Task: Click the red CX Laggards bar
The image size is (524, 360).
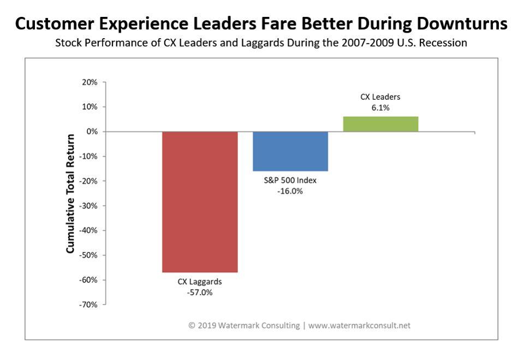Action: (200, 202)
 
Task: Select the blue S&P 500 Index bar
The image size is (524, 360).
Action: (290, 151)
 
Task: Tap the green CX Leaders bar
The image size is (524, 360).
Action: (380, 124)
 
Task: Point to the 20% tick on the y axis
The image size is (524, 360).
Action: (90, 82)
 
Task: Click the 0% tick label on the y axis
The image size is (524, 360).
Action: (92, 132)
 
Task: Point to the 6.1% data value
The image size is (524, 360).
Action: (380, 107)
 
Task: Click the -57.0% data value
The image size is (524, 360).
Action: (200, 292)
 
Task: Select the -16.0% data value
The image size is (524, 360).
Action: (290, 191)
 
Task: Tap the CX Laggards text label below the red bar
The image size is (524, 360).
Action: (200, 282)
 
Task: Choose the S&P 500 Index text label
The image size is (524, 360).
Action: (290, 181)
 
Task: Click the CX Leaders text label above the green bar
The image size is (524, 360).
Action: (380, 97)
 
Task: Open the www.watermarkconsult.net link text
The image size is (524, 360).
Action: (359, 326)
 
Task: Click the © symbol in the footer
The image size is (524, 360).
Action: (192, 326)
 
